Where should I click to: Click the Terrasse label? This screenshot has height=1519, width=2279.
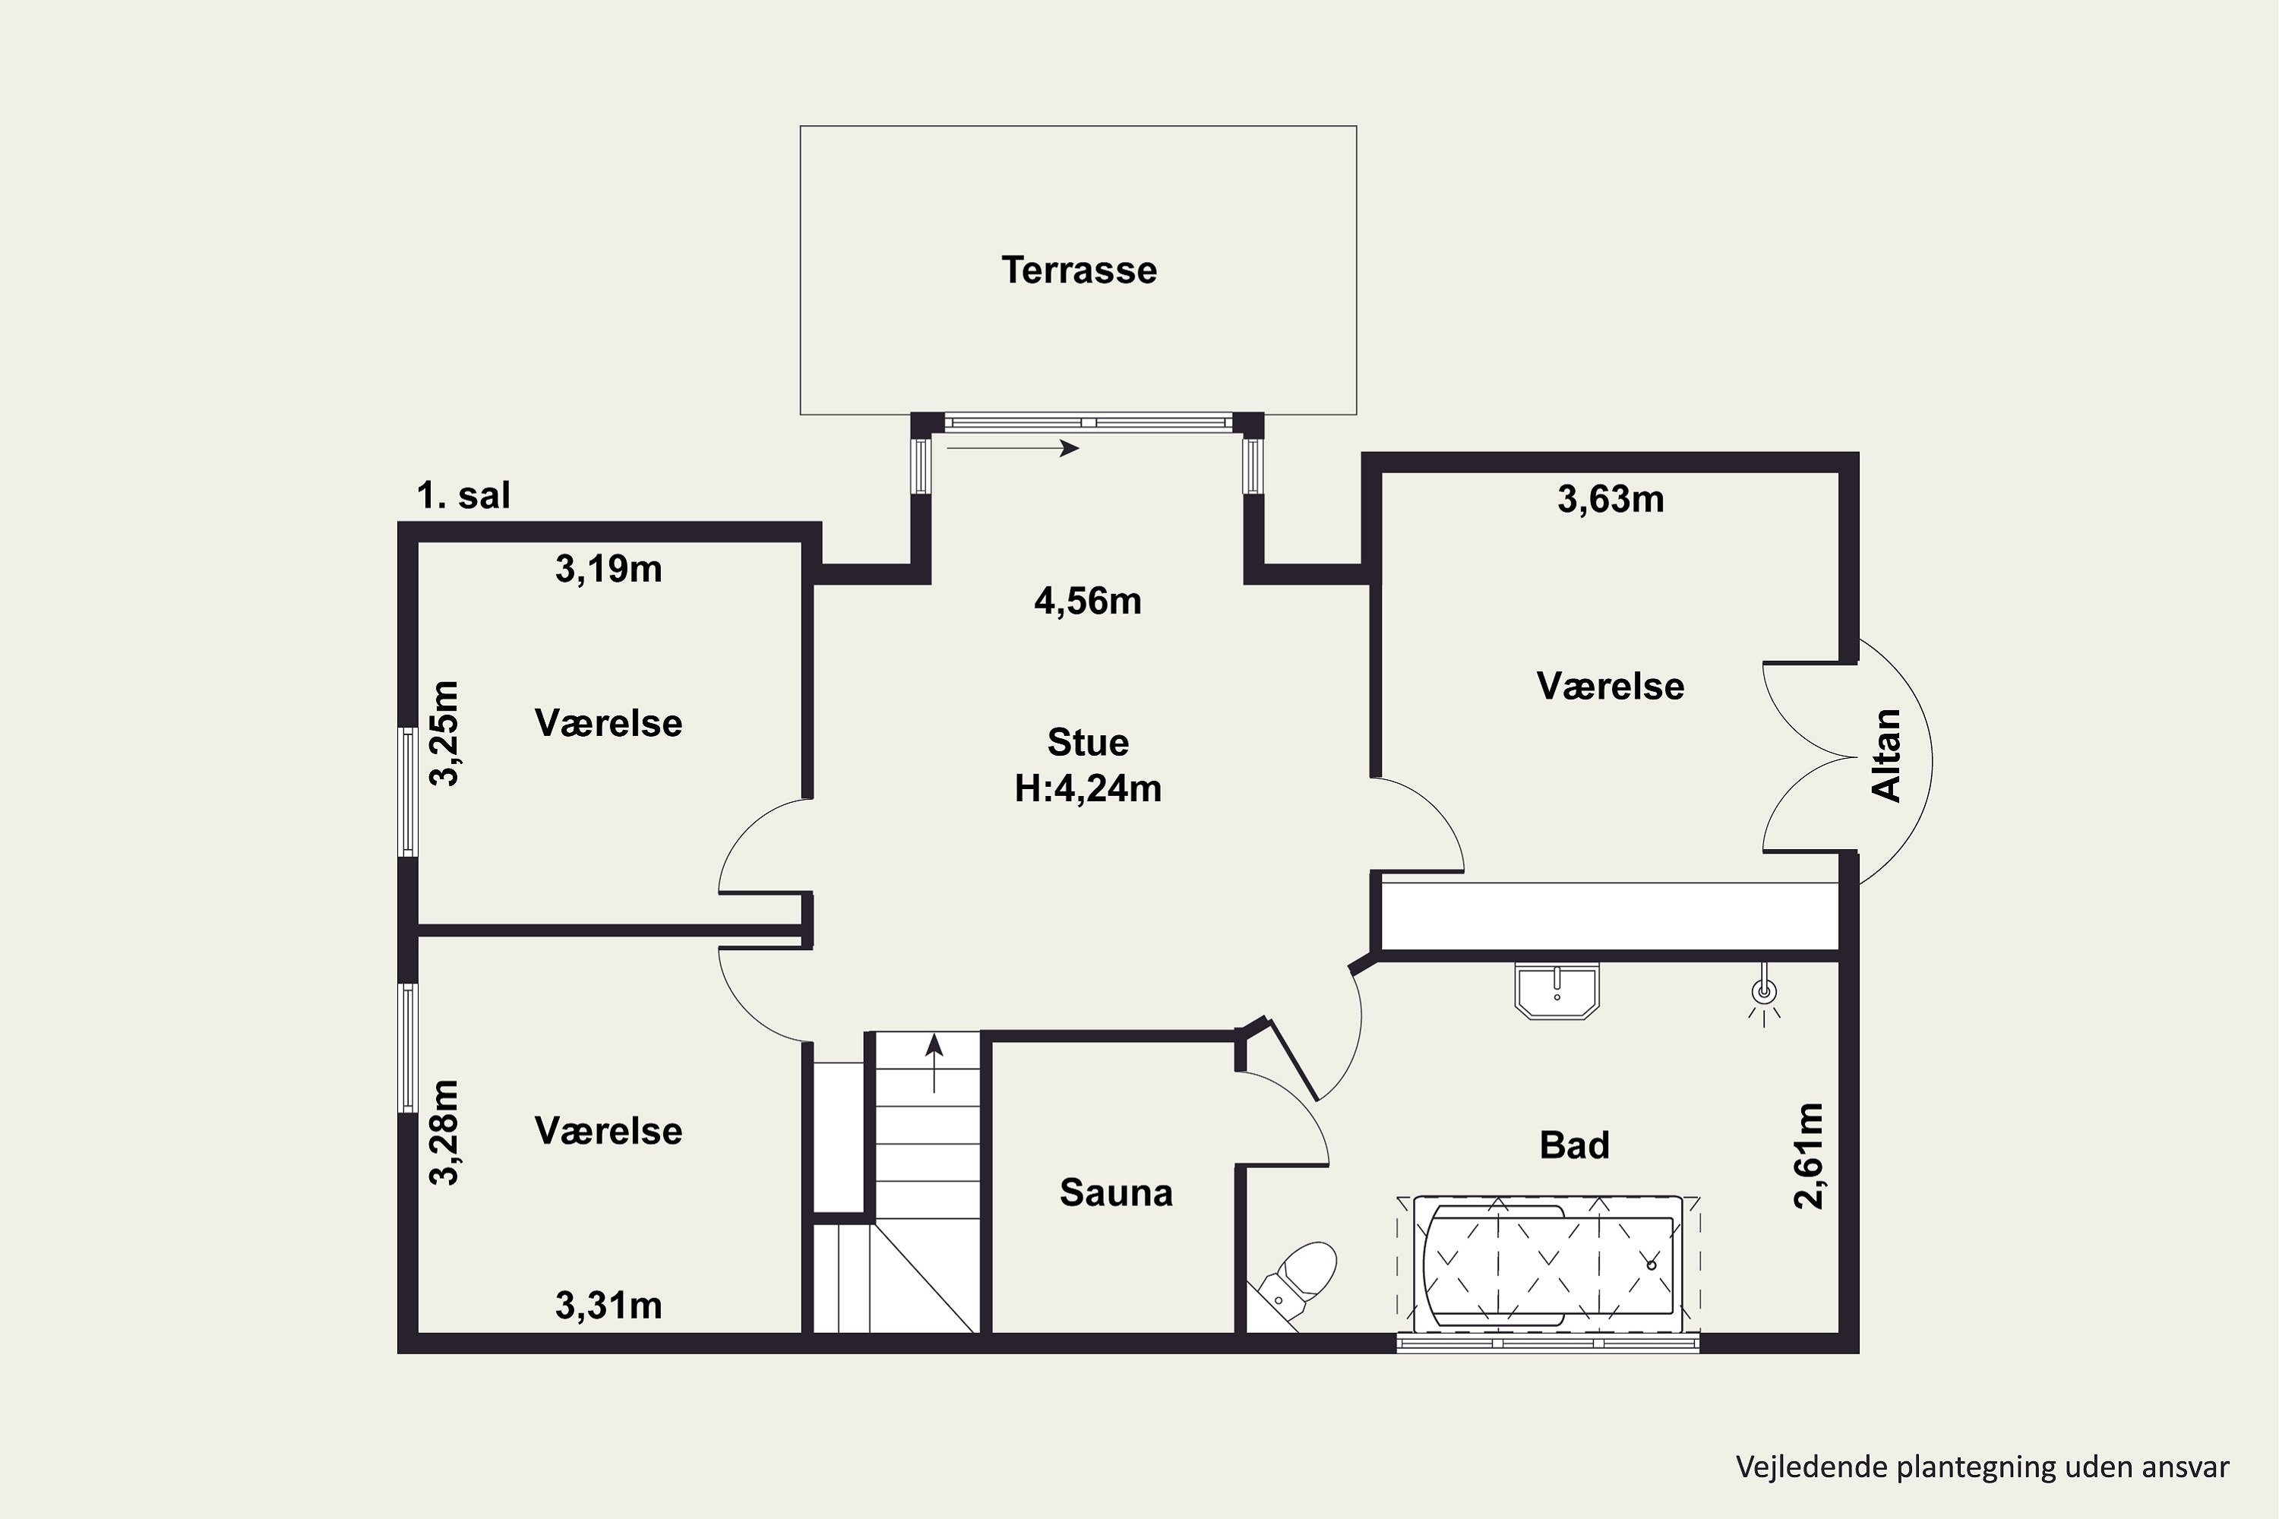pyautogui.click(x=1079, y=270)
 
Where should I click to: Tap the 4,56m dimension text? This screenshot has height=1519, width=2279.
pyautogui.click(x=1087, y=602)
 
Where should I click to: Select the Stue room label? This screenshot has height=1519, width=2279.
pyautogui.click(x=1087, y=742)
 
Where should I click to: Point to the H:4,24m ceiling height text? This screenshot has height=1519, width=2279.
pyautogui.click(x=1087, y=788)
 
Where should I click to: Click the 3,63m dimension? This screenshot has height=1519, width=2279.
pyautogui.click(x=1610, y=499)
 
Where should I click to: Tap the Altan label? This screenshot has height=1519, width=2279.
pyautogui.click(x=1886, y=756)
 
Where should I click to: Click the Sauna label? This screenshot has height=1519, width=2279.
pyautogui.click(x=1115, y=1192)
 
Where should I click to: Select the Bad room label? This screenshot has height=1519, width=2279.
pyautogui.click(x=1575, y=1145)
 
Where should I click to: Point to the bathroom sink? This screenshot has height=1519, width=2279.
pyautogui.click(x=1556, y=991)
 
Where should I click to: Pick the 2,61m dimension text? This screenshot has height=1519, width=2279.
pyautogui.click(x=1808, y=1156)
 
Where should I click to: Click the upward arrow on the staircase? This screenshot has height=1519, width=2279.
pyautogui.click(x=934, y=1063)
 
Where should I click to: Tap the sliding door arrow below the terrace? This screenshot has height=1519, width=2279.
pyautogui.click(x=1013, y=447)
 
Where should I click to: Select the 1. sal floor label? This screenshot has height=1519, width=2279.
pyautogui.click(x=463, y=495)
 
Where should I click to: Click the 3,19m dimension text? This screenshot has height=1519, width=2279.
pyautogui.click(x=608, y=569)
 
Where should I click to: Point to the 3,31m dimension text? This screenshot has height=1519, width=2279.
pyautogui.click(x=608, y=1306)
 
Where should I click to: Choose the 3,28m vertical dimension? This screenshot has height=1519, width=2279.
pyautogui.click(x=444, y=1132)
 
